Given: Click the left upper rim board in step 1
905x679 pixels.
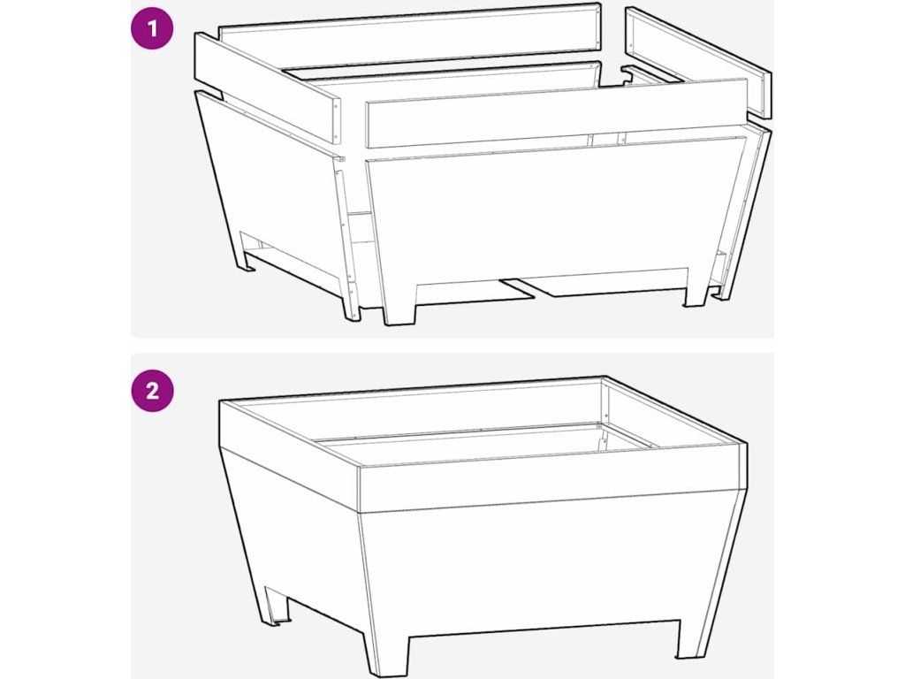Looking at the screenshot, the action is tap(267, 88).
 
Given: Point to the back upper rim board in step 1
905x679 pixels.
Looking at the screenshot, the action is tap(410, 35).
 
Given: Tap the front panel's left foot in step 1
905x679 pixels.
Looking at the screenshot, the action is tap(399, 305).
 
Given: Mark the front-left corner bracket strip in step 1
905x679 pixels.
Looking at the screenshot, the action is tap(346, 237).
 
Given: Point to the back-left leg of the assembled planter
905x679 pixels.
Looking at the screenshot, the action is tap(275, 607).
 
